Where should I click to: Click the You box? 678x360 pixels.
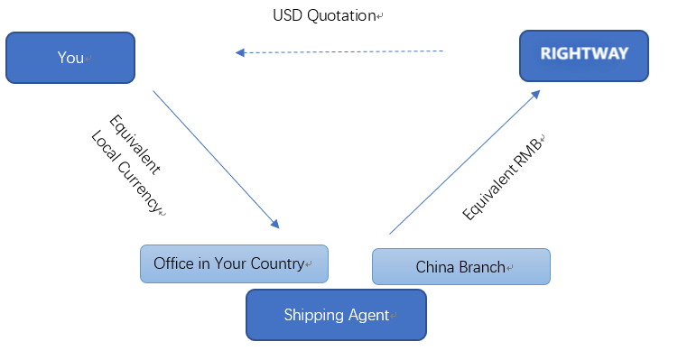[x=70, y=58]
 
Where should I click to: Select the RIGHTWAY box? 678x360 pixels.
[x=583, y=55]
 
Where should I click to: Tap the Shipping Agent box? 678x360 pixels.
[x=336, y=315]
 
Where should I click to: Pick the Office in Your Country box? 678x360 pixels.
[x=234, y=263]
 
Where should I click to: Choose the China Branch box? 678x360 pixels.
[x=460, y=267]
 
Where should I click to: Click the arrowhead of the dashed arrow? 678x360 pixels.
[x=240, y=53]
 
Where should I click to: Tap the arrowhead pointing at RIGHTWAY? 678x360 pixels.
[x=537, y=93]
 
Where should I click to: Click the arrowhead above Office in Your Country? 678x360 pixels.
[x=274, y=223]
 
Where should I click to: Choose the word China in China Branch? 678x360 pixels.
[x=434, y=267]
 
